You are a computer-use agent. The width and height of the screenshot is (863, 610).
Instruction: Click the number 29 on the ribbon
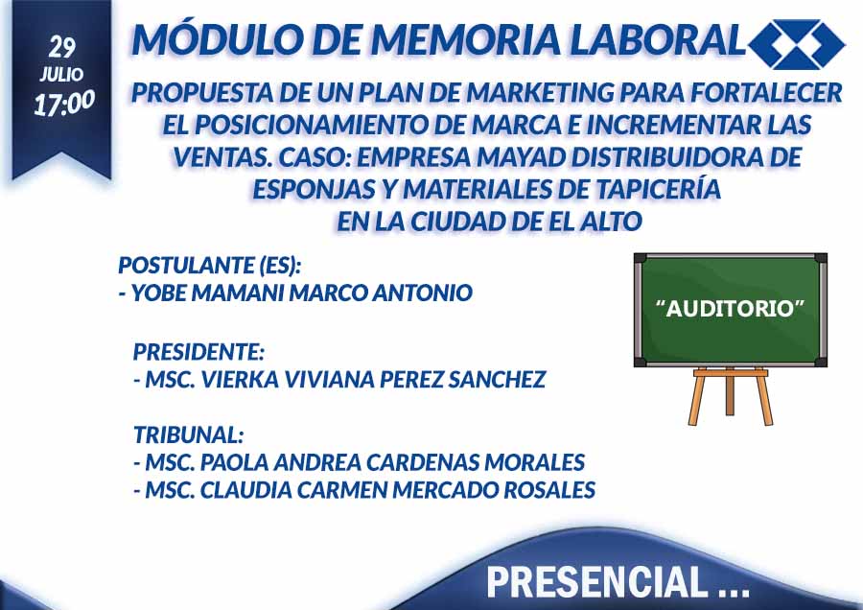tap(61, 47)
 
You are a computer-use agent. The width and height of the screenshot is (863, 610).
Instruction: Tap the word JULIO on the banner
tap(61, 74)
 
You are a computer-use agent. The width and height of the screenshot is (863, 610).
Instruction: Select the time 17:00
tap(64, 104)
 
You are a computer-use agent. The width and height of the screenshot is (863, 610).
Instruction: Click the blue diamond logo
tap(797, 44)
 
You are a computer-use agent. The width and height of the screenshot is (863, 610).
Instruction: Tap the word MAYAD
tap(521, 157)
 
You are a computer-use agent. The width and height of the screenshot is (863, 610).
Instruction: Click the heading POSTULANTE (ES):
tap(210, 266)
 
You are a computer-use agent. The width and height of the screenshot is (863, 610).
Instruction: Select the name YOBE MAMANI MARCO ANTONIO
tap(302, 293)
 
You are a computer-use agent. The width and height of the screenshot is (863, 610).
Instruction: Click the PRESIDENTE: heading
tap(198, 351)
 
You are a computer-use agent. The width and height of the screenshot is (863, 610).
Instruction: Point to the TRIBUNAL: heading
tap(188, 434)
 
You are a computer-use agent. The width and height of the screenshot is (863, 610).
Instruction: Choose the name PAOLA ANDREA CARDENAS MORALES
tap(392, 462)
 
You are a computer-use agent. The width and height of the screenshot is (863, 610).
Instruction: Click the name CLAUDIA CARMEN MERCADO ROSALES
tap(397, 490)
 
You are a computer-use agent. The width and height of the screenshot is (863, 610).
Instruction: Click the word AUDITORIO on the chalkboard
tap(731, 308)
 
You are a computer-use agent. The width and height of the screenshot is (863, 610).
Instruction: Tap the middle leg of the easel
tap(730, 393)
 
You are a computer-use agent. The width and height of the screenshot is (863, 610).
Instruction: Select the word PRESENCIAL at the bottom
tap(596, 582)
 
